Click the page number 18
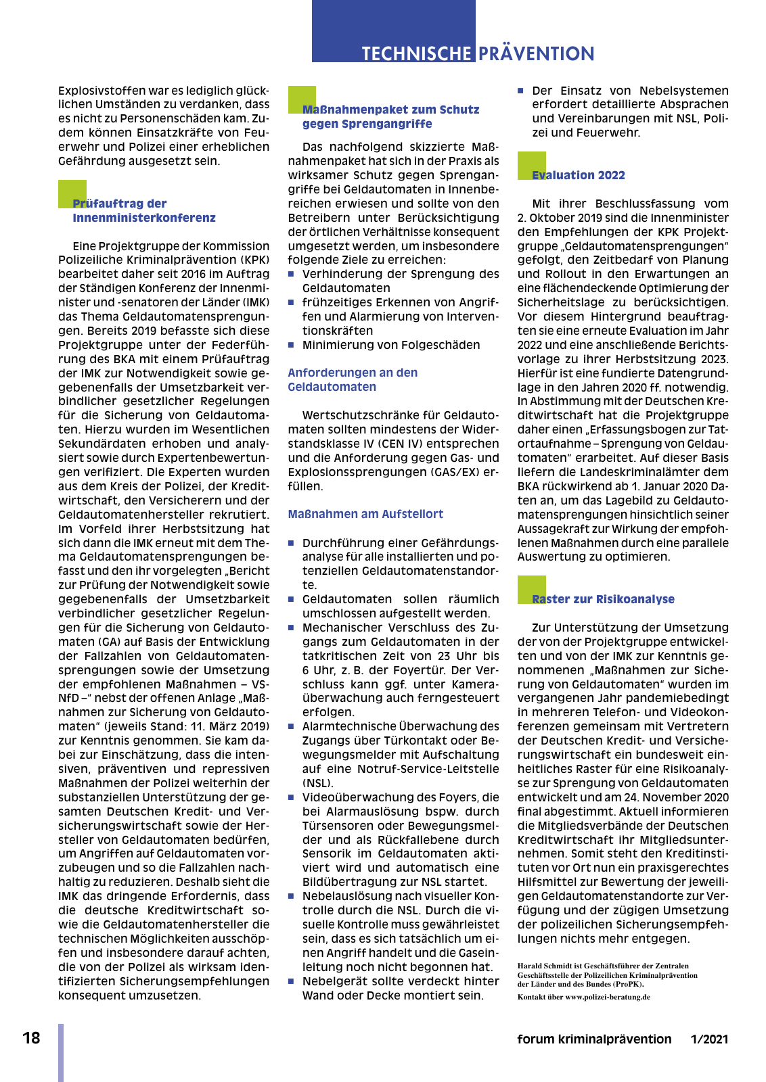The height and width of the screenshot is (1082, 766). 31,1038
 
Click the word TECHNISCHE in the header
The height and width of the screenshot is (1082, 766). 416,54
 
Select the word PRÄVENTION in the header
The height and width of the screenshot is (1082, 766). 536,54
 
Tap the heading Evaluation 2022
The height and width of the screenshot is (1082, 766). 579,175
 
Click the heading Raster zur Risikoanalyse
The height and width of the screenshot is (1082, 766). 603,599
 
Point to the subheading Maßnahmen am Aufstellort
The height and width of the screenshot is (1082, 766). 365,514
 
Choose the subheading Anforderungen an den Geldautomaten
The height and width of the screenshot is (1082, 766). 353,379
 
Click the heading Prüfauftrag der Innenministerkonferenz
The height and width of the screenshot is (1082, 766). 143,210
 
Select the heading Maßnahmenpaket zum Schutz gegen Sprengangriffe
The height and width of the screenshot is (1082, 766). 390,116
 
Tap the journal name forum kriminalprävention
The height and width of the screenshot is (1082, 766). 594,1039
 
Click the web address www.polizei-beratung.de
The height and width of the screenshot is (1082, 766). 608,997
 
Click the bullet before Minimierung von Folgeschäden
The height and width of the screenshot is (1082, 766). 292,345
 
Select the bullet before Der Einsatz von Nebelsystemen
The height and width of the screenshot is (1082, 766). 521,91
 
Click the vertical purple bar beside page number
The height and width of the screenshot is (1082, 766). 61,1052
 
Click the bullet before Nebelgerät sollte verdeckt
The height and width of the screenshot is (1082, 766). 292,981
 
